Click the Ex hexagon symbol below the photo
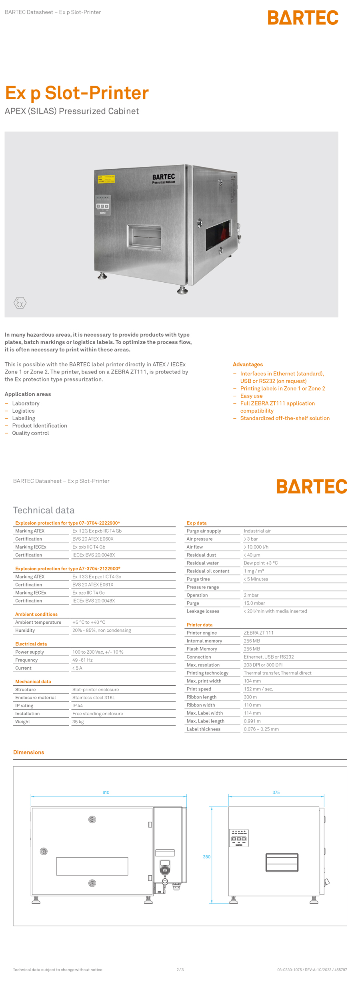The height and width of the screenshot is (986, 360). [x=20, y=303]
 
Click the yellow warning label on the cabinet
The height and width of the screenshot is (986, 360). [x=106, y=179]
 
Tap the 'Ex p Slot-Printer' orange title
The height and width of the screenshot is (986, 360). [x=77, y=93]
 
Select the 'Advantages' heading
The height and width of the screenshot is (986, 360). [x=248, y=364]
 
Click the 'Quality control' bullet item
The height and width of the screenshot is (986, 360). [x=30, y=433]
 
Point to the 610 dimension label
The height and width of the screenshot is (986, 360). [x=106, y=792]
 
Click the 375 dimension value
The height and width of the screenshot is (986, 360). [x=276, y=792]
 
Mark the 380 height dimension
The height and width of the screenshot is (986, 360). [x=206, y=856]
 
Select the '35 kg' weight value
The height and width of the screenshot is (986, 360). [x=78, y=721]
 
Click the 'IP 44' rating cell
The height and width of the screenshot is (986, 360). [x=78, y=705]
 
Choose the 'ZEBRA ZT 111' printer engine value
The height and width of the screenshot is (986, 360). [x=258, y=633]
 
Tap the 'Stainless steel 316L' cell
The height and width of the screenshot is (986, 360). [x=94, y=697]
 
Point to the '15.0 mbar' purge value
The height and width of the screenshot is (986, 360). [x=254, y=603]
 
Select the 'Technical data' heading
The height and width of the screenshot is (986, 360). [x=44, y=510]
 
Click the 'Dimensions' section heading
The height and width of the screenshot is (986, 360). [x=29, y=752]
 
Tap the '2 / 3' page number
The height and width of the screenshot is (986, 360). [x=180, y=970]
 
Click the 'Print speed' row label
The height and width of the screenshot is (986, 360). [x=199, y=689]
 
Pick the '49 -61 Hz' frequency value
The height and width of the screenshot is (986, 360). [x=82, y=660]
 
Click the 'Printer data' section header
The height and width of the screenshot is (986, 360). [x=200, y=625]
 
